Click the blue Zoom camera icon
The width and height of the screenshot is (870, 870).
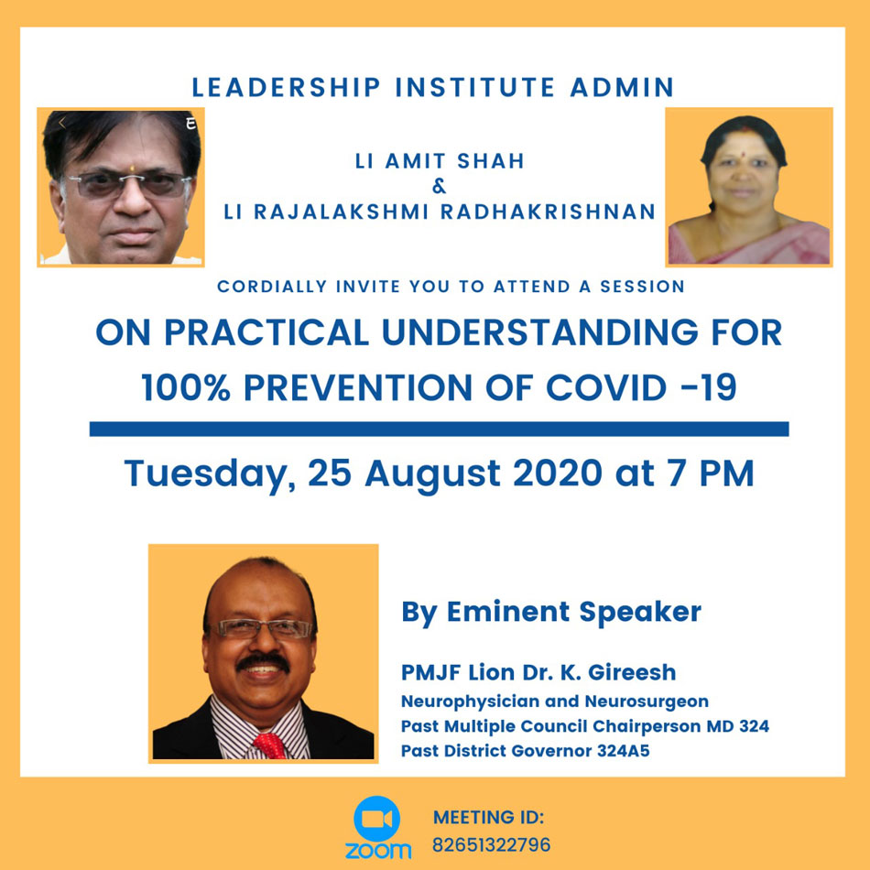point(376,819)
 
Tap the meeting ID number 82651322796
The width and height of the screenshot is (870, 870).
point(491,845)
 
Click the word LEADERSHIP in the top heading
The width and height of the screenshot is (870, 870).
point(287,88)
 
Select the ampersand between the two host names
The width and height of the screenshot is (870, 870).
point(439,187)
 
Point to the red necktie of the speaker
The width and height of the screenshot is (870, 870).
point(270,745)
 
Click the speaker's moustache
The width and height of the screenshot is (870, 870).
point(264,662)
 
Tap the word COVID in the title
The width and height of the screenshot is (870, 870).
point(606,387)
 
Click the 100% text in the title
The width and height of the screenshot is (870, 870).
point(185,387)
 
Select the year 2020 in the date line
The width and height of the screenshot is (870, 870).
point(557,473)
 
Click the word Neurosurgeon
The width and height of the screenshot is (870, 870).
point(647,701)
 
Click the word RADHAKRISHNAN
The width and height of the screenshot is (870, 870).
point(549,212)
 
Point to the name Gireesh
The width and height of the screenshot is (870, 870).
point(631,672)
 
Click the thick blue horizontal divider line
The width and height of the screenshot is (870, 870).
point(439,429)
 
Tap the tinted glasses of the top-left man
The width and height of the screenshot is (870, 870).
point(129,184)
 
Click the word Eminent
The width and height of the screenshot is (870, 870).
point(507,612)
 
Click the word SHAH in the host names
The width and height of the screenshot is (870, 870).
point(491,161)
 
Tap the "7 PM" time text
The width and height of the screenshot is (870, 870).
point(711,473)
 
